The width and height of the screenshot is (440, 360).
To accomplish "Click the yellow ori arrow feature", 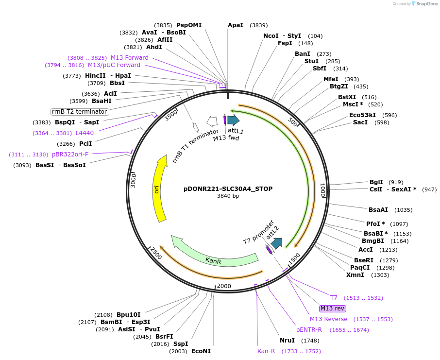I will coord(158,189).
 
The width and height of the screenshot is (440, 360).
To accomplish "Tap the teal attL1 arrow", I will coord(233,120).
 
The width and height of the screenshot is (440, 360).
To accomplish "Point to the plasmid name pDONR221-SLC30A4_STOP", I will coord(228,189).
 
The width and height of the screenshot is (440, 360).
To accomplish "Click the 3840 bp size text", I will coord(228,196).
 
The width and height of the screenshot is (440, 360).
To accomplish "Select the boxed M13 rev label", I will coord(332,309).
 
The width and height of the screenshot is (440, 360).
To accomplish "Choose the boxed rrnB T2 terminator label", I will coord(80,112).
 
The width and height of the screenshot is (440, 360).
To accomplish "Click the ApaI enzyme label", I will coord(236,25).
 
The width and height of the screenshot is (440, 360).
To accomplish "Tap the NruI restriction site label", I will coord(287,340).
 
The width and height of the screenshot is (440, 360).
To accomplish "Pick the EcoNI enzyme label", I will coord(201,351).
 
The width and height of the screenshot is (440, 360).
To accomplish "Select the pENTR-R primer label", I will coord(309,330).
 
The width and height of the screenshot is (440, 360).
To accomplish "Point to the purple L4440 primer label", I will coord(85,133).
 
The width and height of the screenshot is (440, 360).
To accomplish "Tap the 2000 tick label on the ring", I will coord(224,286).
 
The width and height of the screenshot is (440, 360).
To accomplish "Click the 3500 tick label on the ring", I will coord(171,117).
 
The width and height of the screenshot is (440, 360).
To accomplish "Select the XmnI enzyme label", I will coord(355,275).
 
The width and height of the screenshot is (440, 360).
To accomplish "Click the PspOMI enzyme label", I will coord(189,25).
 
